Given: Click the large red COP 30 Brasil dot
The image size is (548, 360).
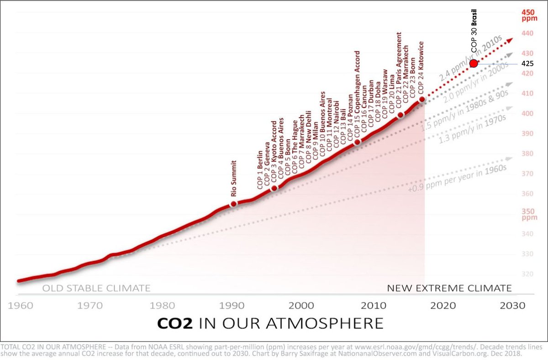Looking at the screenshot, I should click(474, 64).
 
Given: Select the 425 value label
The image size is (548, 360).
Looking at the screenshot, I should click(527, 64).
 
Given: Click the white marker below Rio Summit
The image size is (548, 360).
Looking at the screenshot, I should click(233, 204).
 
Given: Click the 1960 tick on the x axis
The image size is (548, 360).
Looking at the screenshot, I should click(20, 305).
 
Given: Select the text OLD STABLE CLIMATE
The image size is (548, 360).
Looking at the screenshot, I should click(96, 288).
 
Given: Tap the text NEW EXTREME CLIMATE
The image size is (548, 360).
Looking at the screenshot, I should click(449, 288).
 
